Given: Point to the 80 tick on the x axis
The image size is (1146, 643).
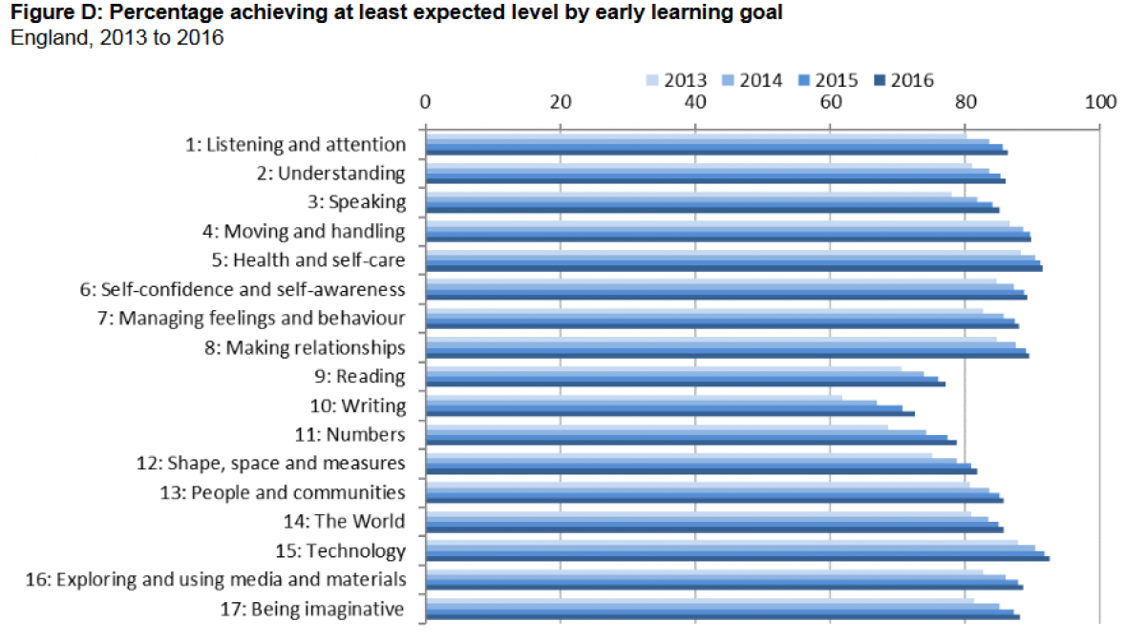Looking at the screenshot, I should [966, 102].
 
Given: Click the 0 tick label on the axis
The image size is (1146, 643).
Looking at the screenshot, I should [425, 102].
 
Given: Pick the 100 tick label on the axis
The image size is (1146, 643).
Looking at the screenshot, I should [1101, 102].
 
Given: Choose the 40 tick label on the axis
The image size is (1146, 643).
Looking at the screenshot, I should [695, 102].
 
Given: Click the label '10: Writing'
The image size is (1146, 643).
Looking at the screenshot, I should [359, 405].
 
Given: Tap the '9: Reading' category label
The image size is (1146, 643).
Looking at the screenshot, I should [364, 376].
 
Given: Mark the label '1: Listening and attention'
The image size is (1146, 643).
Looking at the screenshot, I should [295, 144].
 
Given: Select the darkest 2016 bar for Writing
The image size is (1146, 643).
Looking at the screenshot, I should [668, 414].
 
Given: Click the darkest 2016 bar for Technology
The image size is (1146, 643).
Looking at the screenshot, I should [736, 558].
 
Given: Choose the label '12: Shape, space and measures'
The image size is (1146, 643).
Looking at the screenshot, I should [270, 464].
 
